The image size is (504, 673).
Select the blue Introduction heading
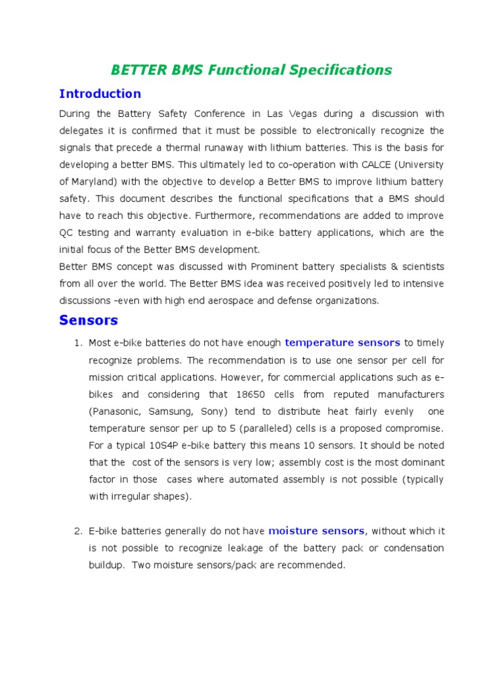coord(100,93)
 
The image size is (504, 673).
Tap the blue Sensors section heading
coord(89,321)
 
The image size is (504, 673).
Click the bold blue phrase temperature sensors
coord(342,342)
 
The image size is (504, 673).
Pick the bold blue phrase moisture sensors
coord(316,530)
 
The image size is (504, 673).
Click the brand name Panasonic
coord(118,411)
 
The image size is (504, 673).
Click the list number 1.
coord(76,343)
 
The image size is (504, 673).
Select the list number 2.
coord(76,531)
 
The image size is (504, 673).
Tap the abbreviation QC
coord(66,233)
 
